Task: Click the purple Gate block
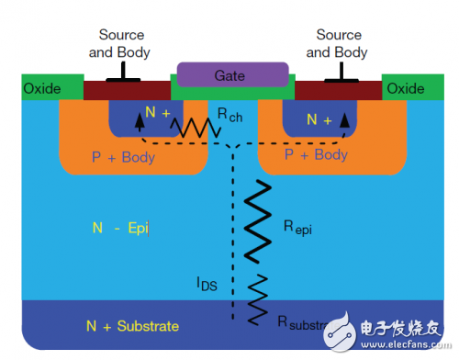[x=233, y=73]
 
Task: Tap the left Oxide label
[x=42, y=89]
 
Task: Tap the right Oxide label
[x=405, y=89]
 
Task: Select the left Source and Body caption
[x=119, y=43]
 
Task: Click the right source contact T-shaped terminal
[x=340, y=74]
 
